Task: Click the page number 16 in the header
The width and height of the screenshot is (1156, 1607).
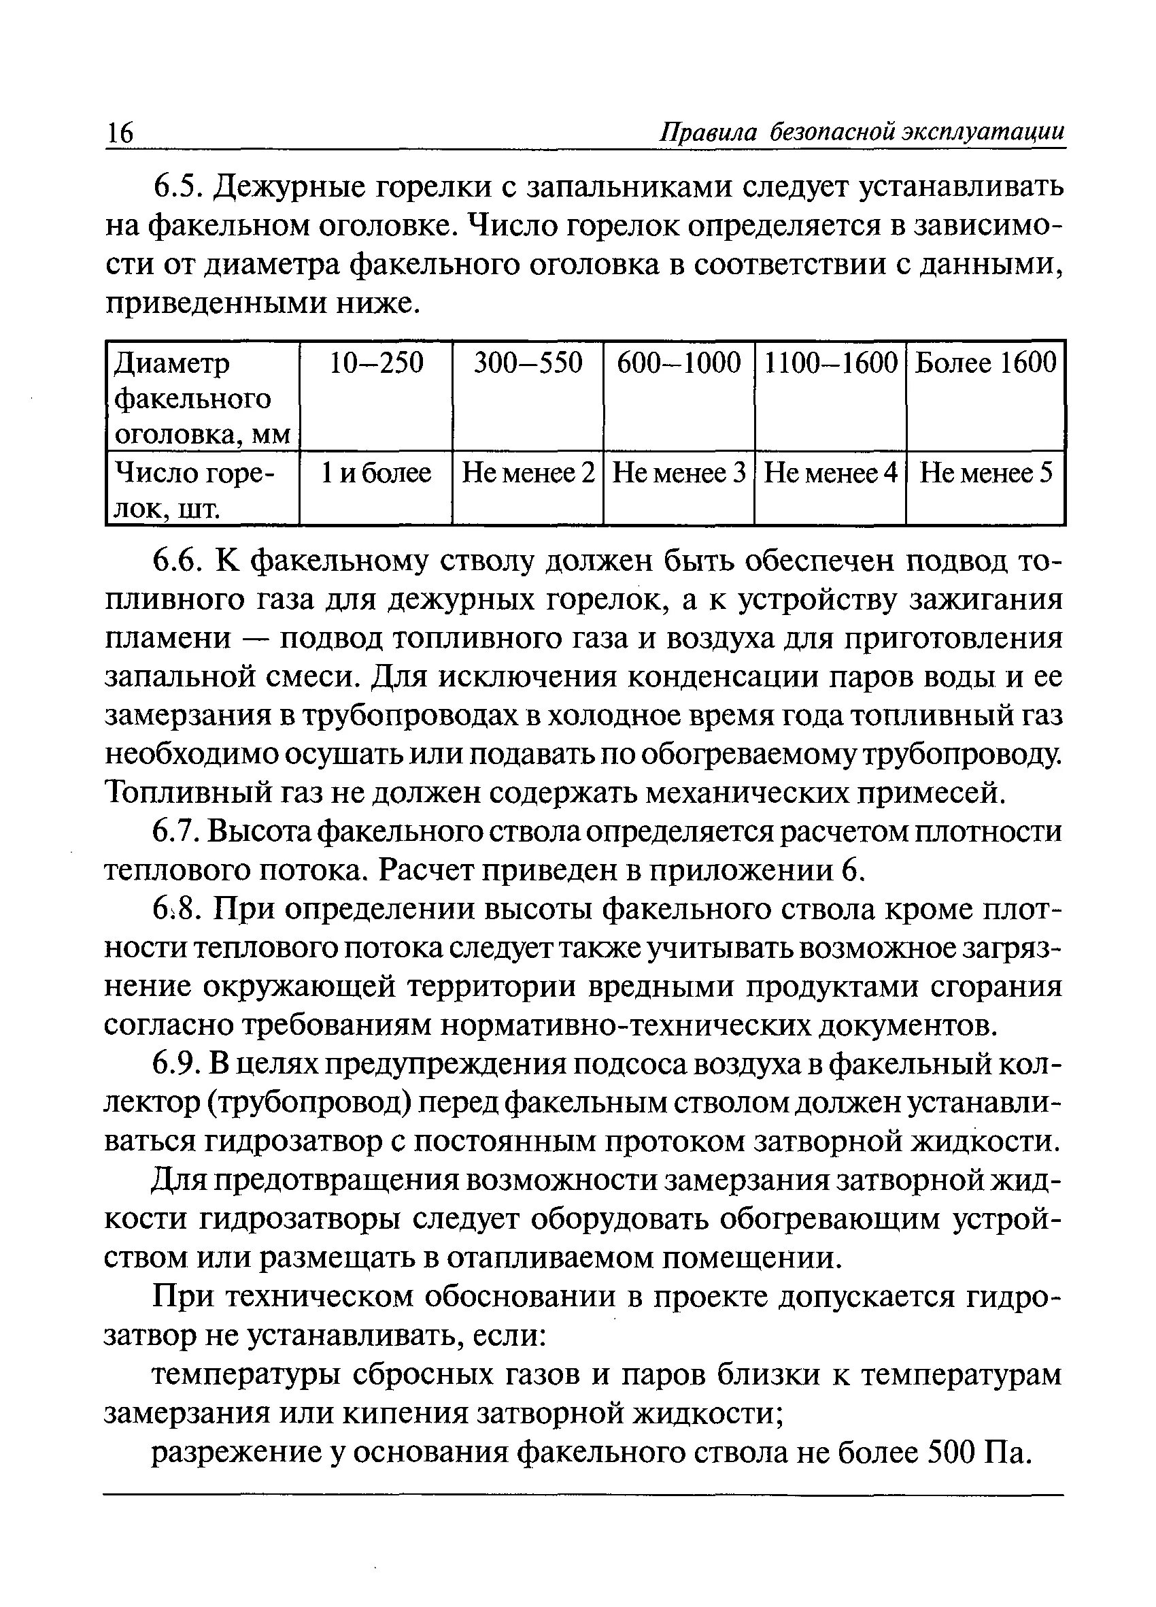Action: (120, 133)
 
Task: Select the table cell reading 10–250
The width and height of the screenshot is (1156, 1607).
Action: (376, 363)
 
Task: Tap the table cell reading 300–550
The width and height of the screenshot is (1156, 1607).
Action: (528, 363)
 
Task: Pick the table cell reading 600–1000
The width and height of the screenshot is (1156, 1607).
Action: (679, 363)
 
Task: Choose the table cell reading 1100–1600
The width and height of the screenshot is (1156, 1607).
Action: (831, 363)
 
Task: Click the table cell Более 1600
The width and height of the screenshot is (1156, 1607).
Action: (985, 363)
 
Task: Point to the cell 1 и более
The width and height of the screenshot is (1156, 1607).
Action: (376, 473)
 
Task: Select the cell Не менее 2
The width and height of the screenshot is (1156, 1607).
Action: (528, 473)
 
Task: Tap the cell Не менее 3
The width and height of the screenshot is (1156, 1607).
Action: (679, 473)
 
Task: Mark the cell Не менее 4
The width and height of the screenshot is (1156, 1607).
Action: (831, 473)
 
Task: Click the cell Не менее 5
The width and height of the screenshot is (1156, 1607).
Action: (986, 473)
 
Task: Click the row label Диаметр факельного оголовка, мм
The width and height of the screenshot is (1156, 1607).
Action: (202, 399)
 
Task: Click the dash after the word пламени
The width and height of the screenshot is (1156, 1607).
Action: (255, 638)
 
